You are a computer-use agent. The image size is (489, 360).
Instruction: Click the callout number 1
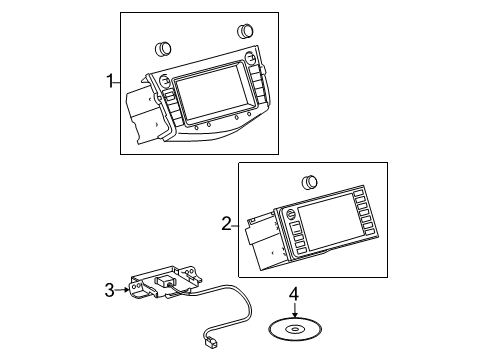[111, 81]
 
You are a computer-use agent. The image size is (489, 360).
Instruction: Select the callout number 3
[110, 289]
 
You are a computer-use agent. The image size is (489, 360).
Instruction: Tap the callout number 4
[294, 295]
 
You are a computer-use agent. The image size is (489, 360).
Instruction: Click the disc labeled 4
[294, 328]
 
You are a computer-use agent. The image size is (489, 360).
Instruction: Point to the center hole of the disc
[294, 327]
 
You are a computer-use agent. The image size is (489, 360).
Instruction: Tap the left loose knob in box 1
[164, 47]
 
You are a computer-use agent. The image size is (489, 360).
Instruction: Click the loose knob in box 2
[310, 182]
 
